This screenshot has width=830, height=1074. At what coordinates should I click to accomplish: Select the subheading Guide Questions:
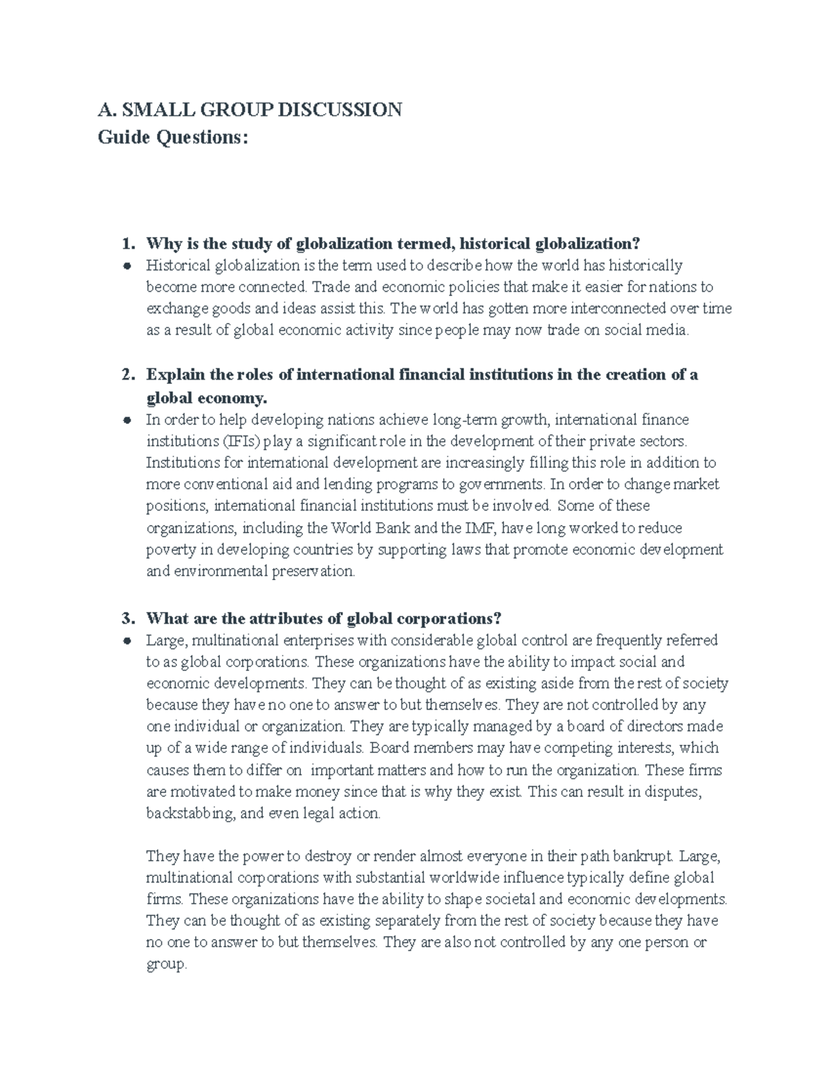172,138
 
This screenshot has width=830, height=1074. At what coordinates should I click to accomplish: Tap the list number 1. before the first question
127,243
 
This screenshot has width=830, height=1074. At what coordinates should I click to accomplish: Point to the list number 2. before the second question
127,375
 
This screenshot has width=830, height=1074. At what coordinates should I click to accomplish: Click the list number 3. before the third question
127,618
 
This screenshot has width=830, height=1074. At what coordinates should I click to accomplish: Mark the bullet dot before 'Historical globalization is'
127,266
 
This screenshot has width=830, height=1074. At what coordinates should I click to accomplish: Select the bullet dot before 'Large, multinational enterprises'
127,641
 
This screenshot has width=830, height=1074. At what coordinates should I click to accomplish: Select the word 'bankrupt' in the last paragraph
646,857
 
